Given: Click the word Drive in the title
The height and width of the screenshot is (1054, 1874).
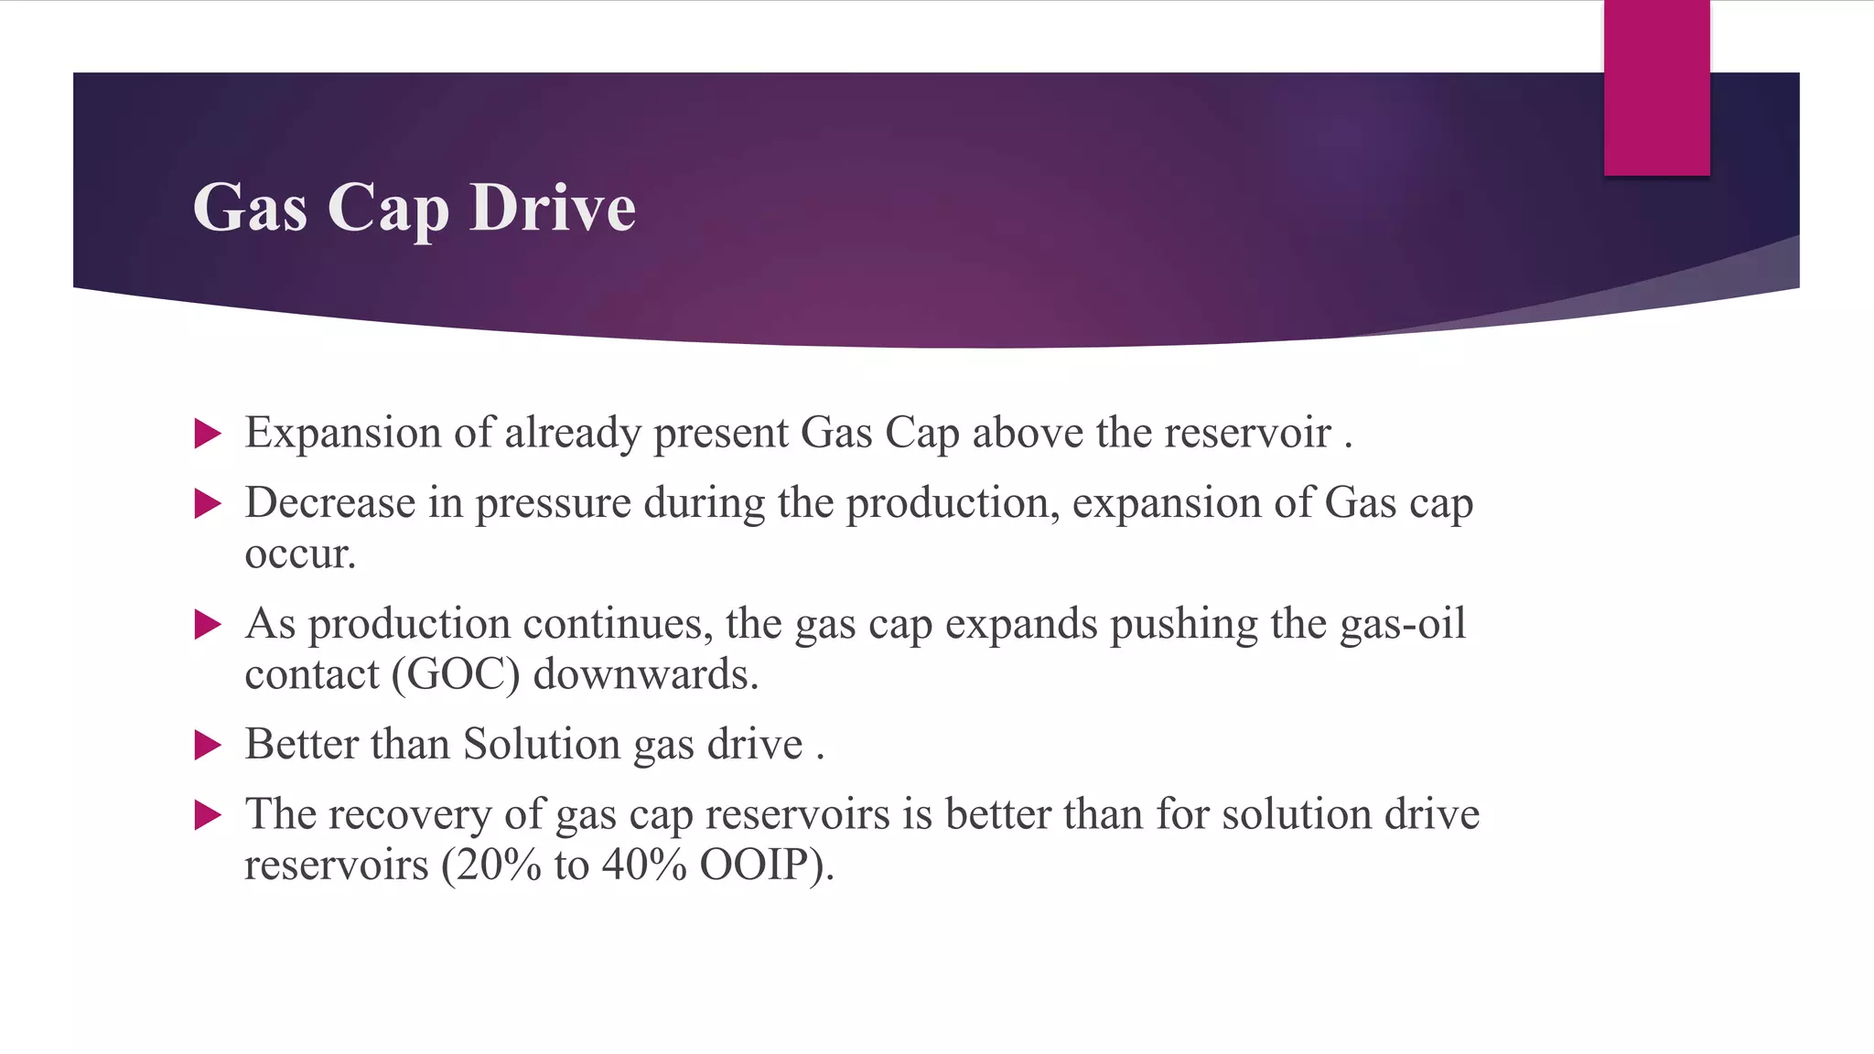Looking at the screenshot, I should [552, 208].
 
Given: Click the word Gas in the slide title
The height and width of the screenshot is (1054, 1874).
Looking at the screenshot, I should [250, 208].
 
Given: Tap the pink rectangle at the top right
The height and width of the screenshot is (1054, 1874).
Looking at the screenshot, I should [1656, 87].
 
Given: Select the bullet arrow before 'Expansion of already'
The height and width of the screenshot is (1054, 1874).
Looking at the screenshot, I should [208, 434].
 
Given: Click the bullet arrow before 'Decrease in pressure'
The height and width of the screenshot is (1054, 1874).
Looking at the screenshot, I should [208, 504].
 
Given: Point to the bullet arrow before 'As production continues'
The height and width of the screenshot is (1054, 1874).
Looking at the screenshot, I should [208, 625].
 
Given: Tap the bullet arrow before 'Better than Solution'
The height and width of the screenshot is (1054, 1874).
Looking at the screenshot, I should [208, 745].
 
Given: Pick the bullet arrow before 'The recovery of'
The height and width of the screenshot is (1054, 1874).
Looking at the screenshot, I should [208, 815].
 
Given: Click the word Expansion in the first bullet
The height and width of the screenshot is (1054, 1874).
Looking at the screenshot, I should [342, 433].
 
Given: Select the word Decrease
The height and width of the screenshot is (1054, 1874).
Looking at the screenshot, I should [329, 503].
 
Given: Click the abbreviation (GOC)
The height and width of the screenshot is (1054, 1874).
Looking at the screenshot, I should [456, 674].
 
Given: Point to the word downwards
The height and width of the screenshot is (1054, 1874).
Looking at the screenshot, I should [645, 674].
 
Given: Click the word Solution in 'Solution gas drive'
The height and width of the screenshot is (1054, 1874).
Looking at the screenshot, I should [542, 744].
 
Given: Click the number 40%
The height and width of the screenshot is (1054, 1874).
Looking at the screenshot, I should [644, 865].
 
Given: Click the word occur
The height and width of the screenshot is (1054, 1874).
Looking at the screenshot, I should [298, 554].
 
